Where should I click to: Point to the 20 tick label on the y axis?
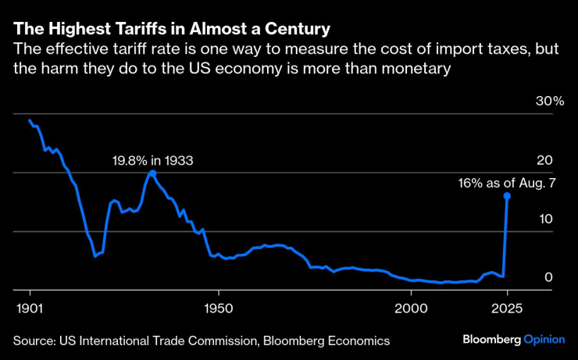[544, 160]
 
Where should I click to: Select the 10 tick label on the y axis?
[544, 219]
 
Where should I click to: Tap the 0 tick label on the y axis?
[548, 277]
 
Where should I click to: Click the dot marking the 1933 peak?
[152, 173]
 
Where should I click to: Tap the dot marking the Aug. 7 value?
[507, 196]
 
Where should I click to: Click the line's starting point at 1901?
[29, 120]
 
